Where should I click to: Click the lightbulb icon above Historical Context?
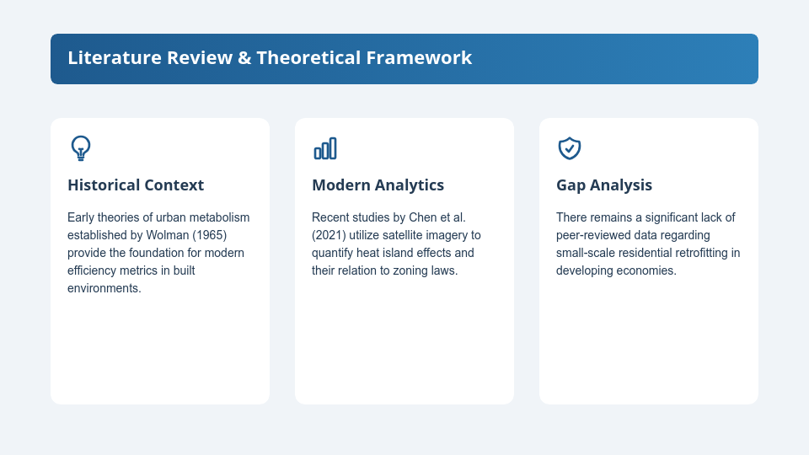(81, 148)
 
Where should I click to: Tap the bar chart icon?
(325, 148)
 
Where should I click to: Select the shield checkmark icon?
(570, 148)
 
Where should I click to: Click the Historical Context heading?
(136, 185)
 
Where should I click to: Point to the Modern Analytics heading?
(378, 185)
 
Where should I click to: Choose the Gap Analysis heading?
(604, 185)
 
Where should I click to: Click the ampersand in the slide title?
(244, 58)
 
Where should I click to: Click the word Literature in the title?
(115, 58)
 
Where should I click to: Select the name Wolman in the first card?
(168, 235)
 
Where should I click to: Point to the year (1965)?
(210, 235)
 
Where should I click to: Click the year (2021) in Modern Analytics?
(329, 235)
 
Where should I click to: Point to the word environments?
(104, 288)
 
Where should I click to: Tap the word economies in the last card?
(651, 270)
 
